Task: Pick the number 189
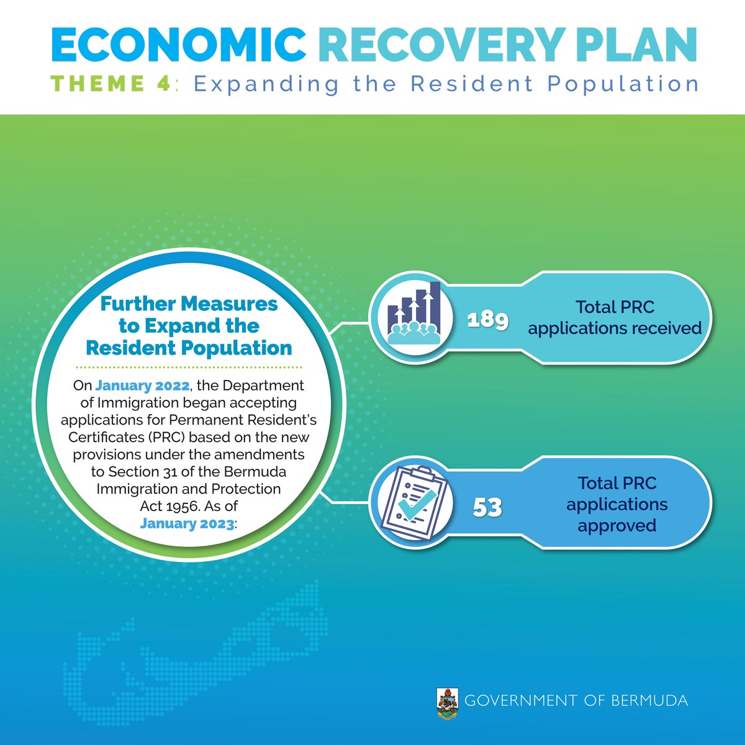pyautogui.click(x=488, y=320)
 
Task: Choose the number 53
pyautogui.click(x=487, y=507)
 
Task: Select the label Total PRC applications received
pyautogui.click(x=615, y=317)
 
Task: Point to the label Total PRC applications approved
pyautogui.click(x=617, y=504)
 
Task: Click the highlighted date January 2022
pyautogui.click(x=142, y=385)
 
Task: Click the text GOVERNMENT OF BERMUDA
pyautogui.click(x=576, y=701)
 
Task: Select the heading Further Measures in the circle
pyautogui.click(x=189, y=304)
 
